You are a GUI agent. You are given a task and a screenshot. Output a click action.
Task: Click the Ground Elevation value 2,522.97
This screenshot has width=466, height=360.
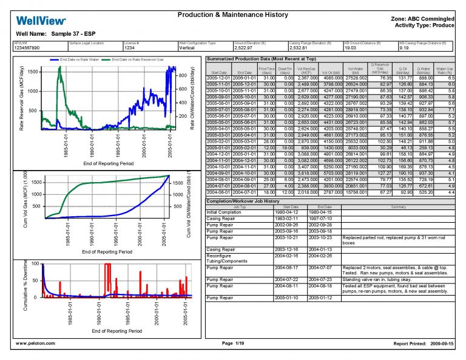[244, 47]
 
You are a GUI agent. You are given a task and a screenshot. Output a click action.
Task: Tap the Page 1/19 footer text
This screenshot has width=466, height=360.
[232, 344]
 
